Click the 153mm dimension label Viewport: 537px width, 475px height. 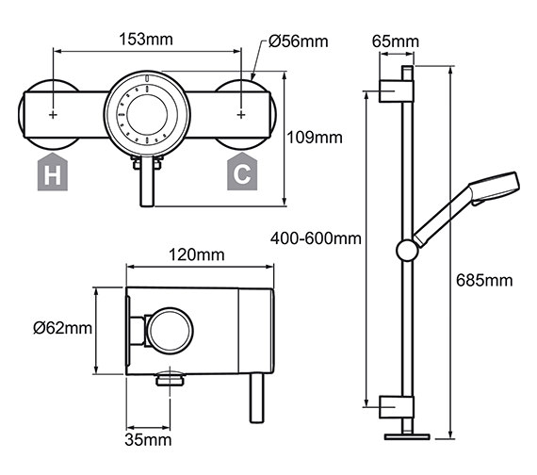click(x=147, y=41)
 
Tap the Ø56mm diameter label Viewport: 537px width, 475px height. click(x=298, y=41)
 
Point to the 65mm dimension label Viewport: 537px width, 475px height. click(x=394, y=41)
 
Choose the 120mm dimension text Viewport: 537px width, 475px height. click(x=197, y=255)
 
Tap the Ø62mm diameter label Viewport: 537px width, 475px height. click(x=62, y=328)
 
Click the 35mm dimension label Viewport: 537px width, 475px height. click(x=147, y=439)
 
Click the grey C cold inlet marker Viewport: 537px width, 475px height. click(x=241, y=173)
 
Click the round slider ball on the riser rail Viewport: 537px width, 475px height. click(x=408, y=250)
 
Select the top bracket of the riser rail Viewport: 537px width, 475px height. click(x=396, y=91)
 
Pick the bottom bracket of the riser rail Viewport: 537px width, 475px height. click(x=396, y=406)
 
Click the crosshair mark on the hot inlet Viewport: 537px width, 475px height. click(x=53, y=114)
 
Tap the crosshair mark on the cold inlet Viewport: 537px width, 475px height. click(x=242, y=114)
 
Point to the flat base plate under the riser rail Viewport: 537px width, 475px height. click(x=408, y=436)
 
